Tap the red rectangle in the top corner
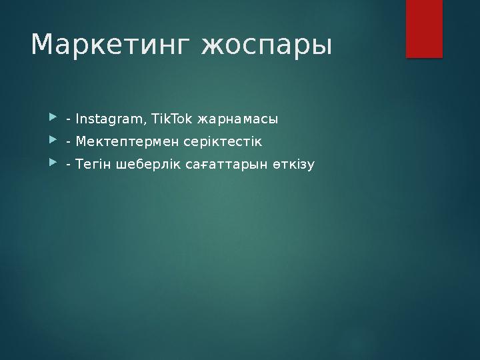point(424,28)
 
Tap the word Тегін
point(93,163)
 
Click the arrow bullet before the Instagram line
point(53,119)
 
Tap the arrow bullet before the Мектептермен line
point(53,141)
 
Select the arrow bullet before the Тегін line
point(53,163)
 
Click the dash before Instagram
point(69,121)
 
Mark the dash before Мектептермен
point(69,143)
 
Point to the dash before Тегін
point(69,165)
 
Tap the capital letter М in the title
point(44,45)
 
